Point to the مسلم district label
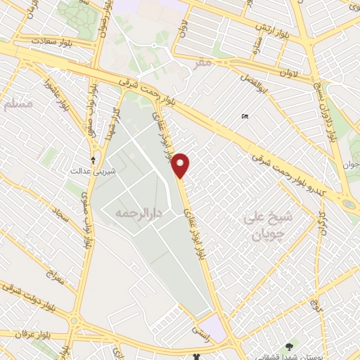[18, 104]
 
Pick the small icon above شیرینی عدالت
[93, 160]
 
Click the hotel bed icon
[244, 116]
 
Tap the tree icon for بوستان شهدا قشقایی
[289, 346]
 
